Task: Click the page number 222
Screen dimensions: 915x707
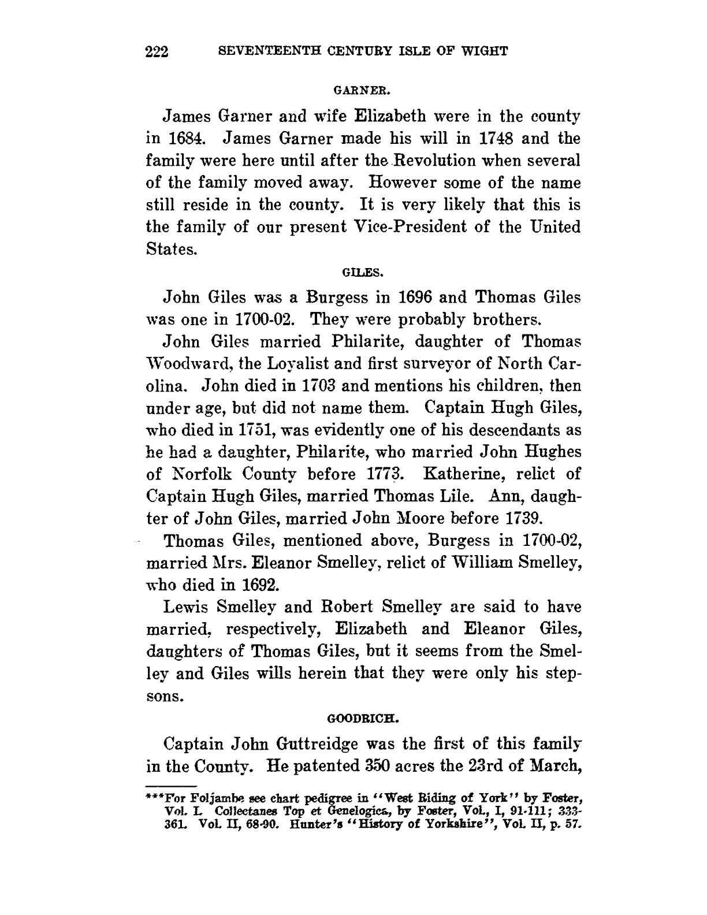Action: point(157,52)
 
